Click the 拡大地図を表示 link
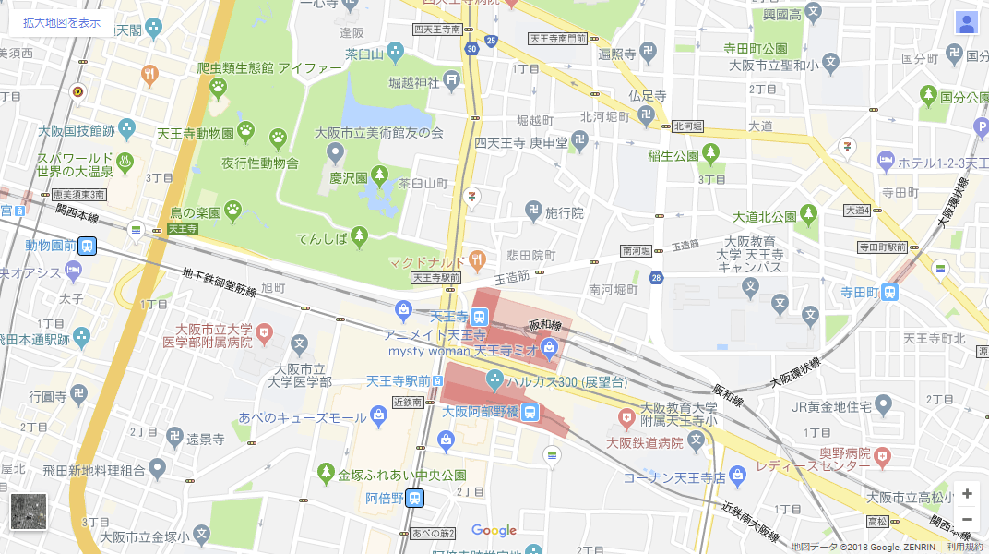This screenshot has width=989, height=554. click(62, 22)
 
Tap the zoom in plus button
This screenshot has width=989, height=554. click(966, 493)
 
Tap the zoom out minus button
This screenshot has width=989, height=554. click(966, 519)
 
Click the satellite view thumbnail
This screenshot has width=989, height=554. click(29, 512)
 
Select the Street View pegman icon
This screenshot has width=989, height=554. click(966, 23)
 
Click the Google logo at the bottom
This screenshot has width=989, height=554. click(494, 530)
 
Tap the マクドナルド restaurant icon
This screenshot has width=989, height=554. click(476, 259)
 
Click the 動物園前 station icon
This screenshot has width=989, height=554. click(88, 246)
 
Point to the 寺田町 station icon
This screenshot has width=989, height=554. click(889, 292)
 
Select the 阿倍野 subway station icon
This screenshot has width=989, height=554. click(415, 498)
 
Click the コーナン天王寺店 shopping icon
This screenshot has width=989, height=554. click(736, 476)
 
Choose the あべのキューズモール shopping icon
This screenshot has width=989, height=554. click(378, 417)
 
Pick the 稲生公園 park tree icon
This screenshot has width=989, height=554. click(709, 153)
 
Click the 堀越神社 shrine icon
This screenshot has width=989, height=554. click(451, 82)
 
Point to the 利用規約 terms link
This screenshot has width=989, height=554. click(966, 547)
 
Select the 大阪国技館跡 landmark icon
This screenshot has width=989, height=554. click(125, 129)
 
